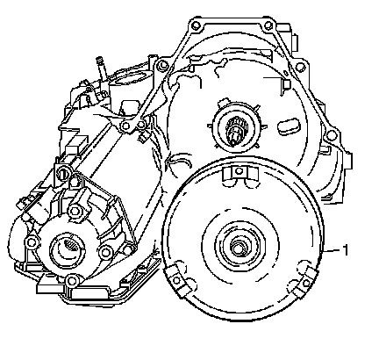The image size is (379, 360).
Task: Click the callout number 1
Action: coord(346,250)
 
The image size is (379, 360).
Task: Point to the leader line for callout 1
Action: coord(332,250)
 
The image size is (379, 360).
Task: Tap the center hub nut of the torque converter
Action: coord(237,248)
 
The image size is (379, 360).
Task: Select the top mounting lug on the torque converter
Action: coord(240,172)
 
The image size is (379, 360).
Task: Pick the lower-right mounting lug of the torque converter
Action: coord(305,283)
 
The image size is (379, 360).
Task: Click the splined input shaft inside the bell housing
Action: coord(236,131)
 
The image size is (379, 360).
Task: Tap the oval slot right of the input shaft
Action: coord(289,126)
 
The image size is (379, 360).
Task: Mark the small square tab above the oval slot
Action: coord(286,84)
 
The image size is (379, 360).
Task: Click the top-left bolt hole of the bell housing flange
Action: coord(196,25)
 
